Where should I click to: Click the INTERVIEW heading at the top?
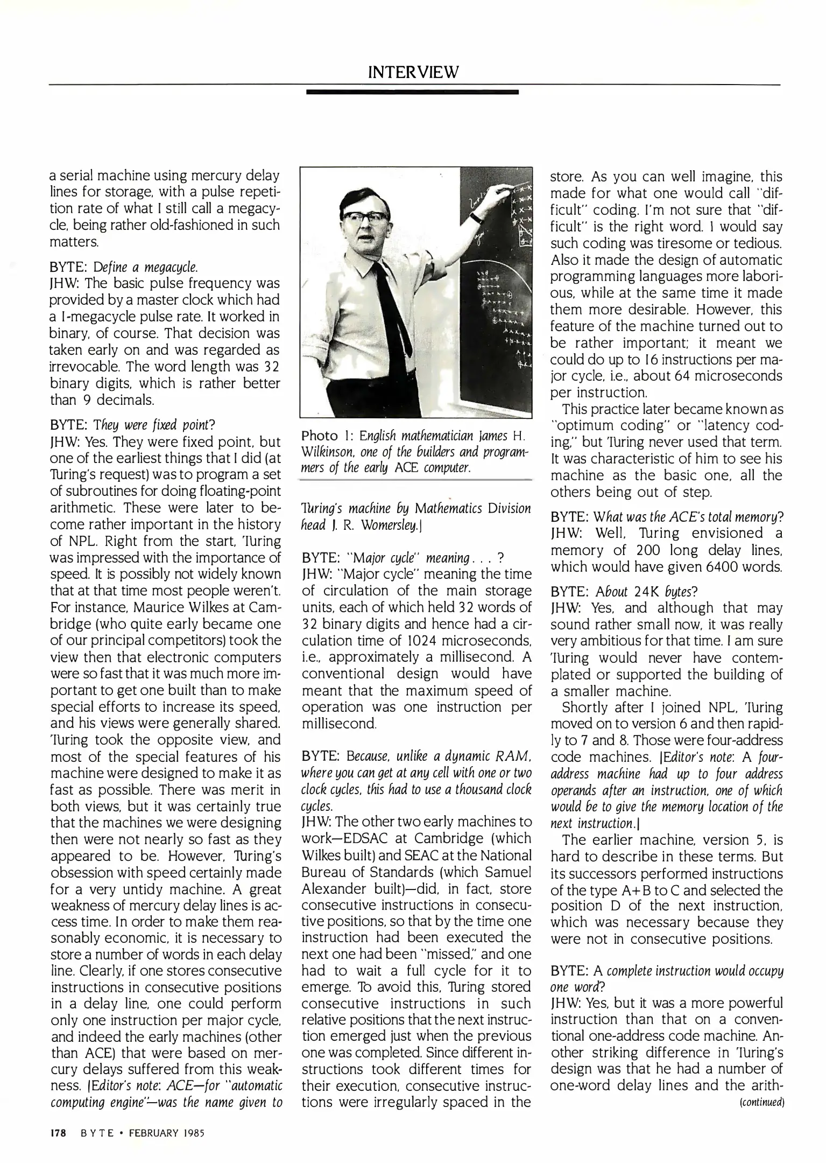[x=413, y=72]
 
